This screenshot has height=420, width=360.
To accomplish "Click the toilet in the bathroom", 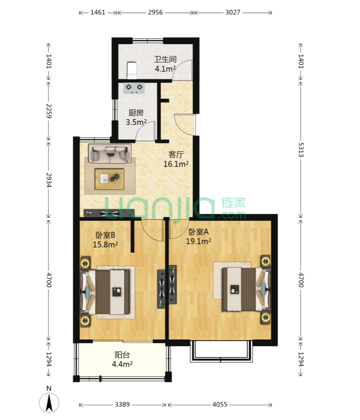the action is (x=132, y=71).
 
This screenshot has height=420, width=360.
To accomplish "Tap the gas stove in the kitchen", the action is (x=134, y=88).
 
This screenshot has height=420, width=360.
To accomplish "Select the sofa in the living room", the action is (x=110, y=154).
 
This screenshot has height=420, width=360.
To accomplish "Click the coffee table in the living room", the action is (x=109, y=179).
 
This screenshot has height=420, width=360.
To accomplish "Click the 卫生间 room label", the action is (x=165, y=59).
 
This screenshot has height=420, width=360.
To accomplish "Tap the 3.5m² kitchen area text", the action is (x=136, y=122).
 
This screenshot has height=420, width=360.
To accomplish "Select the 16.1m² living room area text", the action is (x=176, y=164).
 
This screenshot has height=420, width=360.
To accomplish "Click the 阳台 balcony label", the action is (x=122, y=355).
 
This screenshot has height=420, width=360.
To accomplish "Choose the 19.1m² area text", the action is (x=198, y=241).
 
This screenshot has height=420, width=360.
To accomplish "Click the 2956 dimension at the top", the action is (x=155, y=12).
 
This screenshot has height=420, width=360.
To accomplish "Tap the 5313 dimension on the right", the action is (x=301, y=150).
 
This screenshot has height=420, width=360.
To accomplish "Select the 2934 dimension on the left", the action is (x=49, y=180).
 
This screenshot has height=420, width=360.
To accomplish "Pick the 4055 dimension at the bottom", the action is (x=220, y=404).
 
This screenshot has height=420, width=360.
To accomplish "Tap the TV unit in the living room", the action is (x=109, y=213).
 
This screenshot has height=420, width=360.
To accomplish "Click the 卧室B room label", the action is (x=105, y=235).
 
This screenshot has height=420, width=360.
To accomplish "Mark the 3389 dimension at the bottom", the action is (x=122, y=404).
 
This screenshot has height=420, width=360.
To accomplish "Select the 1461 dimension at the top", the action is (x=98, y=12).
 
